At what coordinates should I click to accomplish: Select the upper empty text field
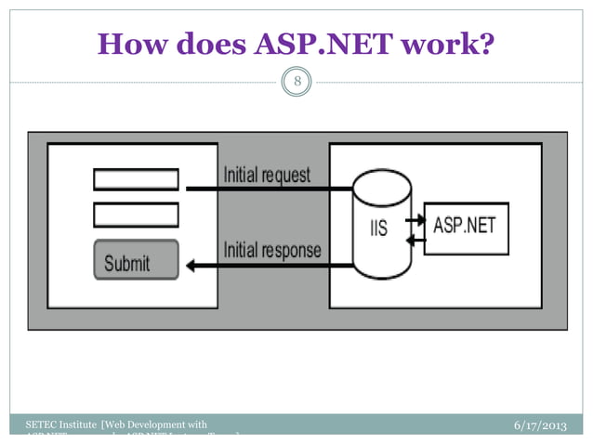tap(136, 179)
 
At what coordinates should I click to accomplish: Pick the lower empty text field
tap(136, 215)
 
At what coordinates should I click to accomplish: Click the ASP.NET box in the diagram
tap(466, 228)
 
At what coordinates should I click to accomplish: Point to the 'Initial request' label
tap(267, 176)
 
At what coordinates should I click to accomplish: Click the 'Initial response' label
tap(271, 251)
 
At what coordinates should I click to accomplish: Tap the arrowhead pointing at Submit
tap(191, 267)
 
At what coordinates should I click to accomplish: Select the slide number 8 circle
tap(297, 83)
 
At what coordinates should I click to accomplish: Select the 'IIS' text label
tap(380, 228)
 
